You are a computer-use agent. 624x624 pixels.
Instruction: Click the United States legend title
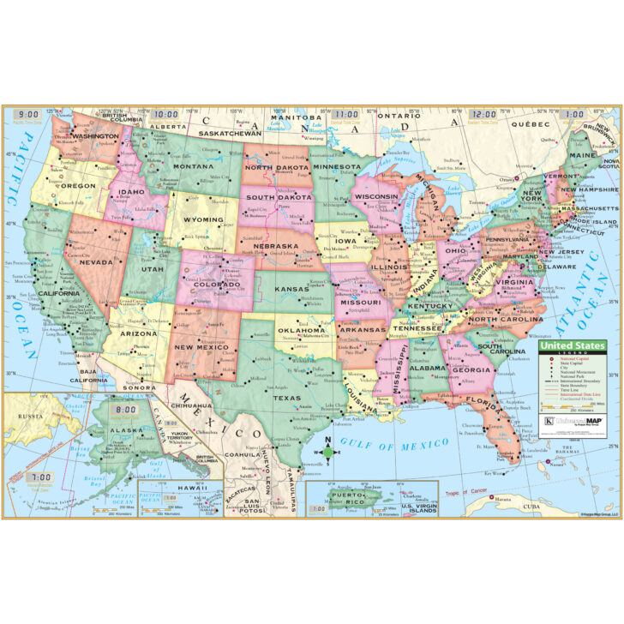[x=573, y=346]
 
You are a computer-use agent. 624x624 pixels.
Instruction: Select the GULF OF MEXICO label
[x=393, y=443]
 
